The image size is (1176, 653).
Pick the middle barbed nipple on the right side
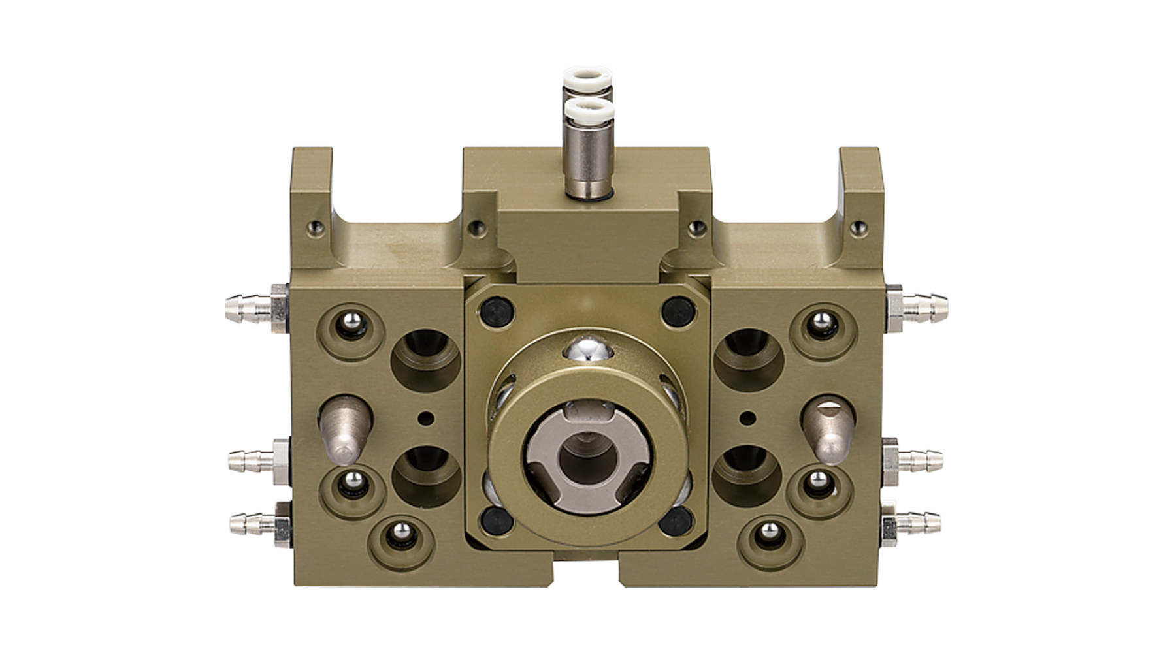(919, 460)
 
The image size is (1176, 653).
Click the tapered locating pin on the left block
(344, 427)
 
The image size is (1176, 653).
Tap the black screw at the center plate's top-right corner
(677, 310)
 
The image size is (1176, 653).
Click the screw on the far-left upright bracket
(316, 228)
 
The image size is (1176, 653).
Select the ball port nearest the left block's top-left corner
(350, 324)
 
